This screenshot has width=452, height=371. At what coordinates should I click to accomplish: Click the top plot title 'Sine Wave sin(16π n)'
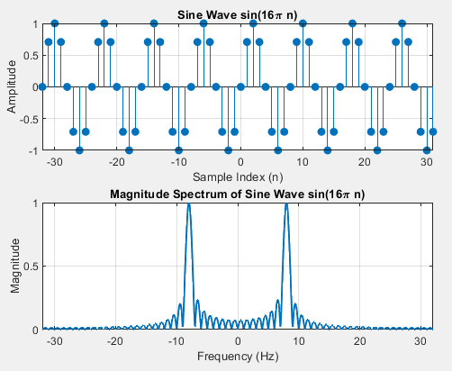pos(237,14)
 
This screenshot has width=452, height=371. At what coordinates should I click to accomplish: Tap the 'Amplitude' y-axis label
pos(12,86)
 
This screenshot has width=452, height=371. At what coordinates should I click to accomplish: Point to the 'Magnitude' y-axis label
pos(14,266)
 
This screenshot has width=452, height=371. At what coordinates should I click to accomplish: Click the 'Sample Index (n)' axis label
pos(238,177)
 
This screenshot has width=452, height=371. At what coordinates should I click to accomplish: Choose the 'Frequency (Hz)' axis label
pos(238,357)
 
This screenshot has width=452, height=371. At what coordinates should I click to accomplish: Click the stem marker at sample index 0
pos(240,87)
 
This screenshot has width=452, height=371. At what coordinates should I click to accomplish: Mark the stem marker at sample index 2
pos(253,23)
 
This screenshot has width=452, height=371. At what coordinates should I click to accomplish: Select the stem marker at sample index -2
pos(228,150)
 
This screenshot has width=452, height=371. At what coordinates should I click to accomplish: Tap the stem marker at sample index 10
pos(303,23)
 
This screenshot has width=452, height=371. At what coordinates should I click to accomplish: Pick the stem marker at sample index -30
pos(54,23)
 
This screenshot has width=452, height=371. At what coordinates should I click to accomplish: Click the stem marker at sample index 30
pos(427,150)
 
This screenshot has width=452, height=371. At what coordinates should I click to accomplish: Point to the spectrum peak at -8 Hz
pos(189,204)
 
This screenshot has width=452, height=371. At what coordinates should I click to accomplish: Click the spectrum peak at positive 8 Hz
pos(286,204)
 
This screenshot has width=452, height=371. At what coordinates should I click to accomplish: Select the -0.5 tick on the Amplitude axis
pos(29,119)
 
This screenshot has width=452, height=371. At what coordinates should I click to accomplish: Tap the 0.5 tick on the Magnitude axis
pos(31,267)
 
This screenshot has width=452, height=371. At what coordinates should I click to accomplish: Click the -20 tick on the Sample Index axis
pos(116,162)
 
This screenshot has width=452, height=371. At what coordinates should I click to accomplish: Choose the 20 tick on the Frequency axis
pos(359,341)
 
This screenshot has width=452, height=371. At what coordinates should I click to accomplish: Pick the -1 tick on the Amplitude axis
pos(33,151)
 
